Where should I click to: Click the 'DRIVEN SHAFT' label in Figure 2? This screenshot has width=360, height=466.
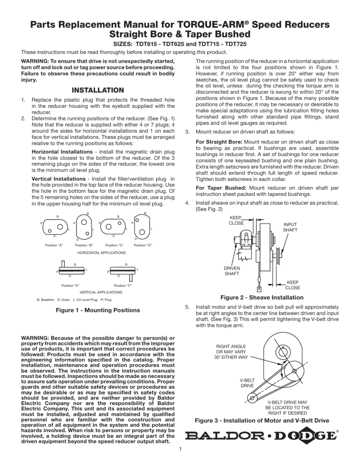233,271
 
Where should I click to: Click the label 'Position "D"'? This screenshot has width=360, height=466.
143,246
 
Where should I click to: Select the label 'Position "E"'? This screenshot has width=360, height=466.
71,285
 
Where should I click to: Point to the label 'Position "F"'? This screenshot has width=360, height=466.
123,285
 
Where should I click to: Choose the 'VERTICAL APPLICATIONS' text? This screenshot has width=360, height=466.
97,292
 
